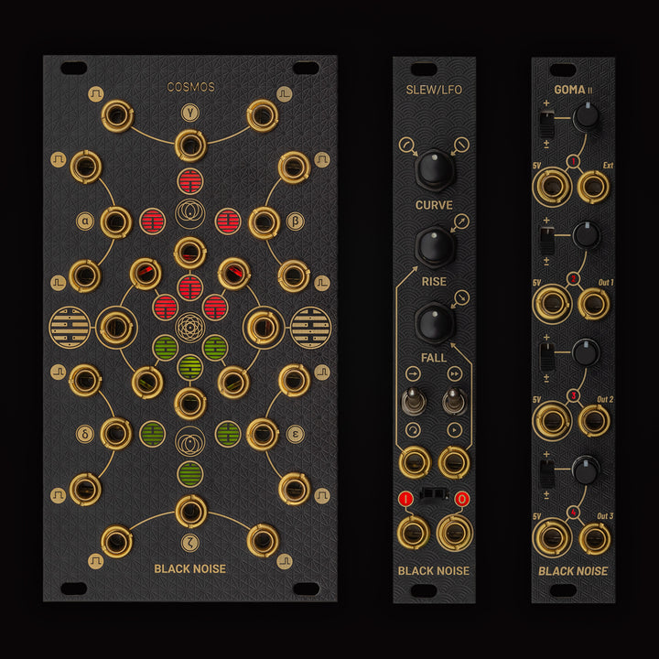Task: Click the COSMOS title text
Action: (190, 87)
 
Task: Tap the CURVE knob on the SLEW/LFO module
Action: (433, 170)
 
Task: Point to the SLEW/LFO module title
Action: (434, 89)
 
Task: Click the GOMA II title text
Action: (573, 89)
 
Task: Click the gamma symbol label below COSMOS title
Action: (190, 114)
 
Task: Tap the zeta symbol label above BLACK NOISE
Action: (190, 540)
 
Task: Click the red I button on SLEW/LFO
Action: (406, 499)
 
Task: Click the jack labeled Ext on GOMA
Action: (595, 188)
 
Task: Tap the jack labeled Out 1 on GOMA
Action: (595, 303)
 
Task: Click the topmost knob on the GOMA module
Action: (586, 116)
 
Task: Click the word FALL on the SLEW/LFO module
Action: (434, 357)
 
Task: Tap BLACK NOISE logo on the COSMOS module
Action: (190, 568)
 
